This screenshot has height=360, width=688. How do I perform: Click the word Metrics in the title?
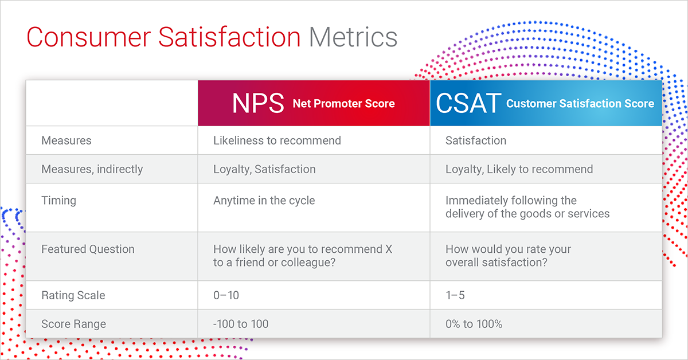click(353, 37)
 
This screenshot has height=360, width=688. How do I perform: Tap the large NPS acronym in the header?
click(258, 103)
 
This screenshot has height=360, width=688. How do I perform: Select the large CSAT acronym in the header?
click(468, 103)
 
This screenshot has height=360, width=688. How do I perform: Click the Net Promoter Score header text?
click(343, 104)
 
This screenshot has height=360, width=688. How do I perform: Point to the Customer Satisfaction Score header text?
click(580, 104)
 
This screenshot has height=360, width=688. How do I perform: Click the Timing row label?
click(58, 201)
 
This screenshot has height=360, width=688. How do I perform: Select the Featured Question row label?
click(88, 249)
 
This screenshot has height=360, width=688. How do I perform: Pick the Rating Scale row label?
click(73, 295)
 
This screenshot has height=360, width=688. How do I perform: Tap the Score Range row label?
click(73, 324)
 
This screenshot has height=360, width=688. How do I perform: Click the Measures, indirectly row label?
click(92, 169)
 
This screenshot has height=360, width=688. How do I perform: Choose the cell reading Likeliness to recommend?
click(277, 140)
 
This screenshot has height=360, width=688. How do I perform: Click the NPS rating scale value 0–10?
click(226, 295)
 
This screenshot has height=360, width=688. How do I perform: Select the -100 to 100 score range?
click(241, 324)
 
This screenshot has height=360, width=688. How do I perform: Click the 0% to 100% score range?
click(474, 324)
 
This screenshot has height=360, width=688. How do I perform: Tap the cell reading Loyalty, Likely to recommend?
click(519, 169)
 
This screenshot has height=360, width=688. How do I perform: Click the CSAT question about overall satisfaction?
click(508, 256)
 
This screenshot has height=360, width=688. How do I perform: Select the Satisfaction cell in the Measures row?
click(476, 140)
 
